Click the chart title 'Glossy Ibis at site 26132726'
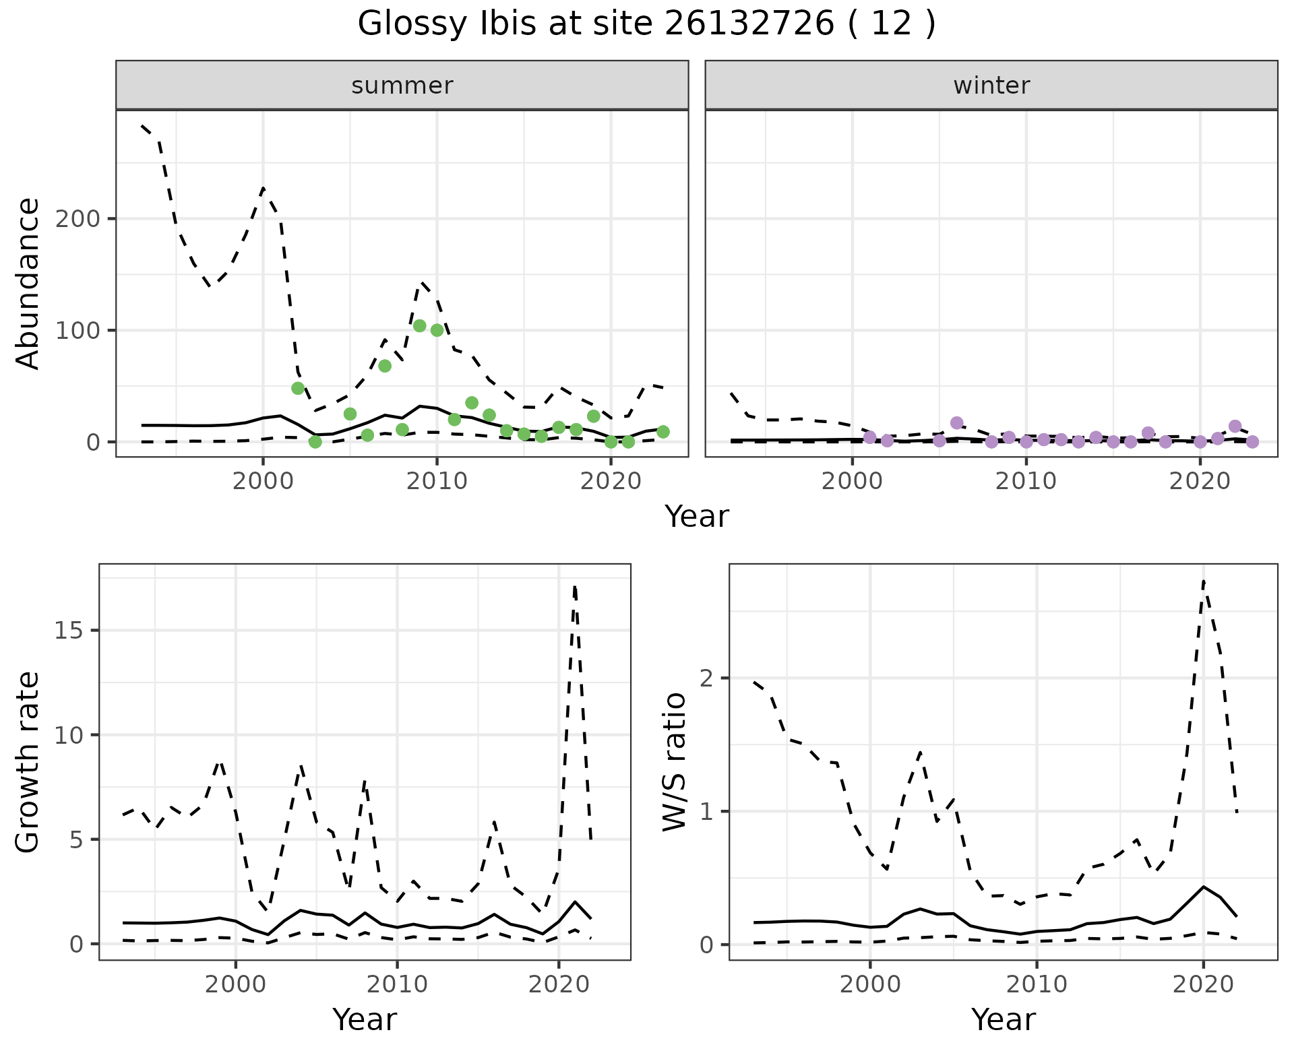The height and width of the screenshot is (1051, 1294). point(646,24)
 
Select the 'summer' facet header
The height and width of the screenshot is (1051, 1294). point(402,86)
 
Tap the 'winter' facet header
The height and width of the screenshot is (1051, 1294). point(991,86)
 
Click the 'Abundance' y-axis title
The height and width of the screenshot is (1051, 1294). point(28,284)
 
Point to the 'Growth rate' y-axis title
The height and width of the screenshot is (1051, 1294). point(28,762)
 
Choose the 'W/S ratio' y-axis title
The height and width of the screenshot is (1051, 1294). point(675,762)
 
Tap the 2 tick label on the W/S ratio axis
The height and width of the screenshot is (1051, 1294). point(707,678)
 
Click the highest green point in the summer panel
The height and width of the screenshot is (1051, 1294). point(419,326)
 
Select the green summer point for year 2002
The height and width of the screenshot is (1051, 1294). point(298,388)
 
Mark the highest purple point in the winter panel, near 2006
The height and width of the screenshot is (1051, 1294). point(956,423)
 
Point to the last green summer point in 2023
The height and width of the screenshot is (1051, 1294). point(663,432)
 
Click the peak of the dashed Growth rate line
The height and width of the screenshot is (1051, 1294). point(574,587)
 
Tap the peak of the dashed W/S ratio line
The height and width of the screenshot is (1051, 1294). point(1204,581)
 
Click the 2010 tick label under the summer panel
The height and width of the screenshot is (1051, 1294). point(437,481)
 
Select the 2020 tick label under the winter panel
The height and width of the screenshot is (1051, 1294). point(1200,481)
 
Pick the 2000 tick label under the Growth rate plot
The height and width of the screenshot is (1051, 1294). point(235,984)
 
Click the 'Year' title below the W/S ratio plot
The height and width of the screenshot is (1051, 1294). point(1003,1020)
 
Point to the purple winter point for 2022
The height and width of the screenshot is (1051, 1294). point(1235,426)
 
